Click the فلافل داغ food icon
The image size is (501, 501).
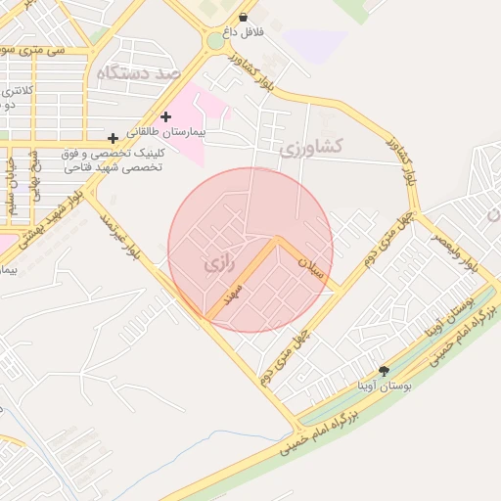(243, 17)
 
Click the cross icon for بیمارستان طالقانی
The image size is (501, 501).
(165, 116)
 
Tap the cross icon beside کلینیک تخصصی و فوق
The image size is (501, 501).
(114, 138)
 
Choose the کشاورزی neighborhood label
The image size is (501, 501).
(311, 148)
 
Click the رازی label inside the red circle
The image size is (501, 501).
(217, 264)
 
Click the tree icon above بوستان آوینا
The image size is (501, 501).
(383, 371)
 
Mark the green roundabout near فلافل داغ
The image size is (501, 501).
(216, 41)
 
